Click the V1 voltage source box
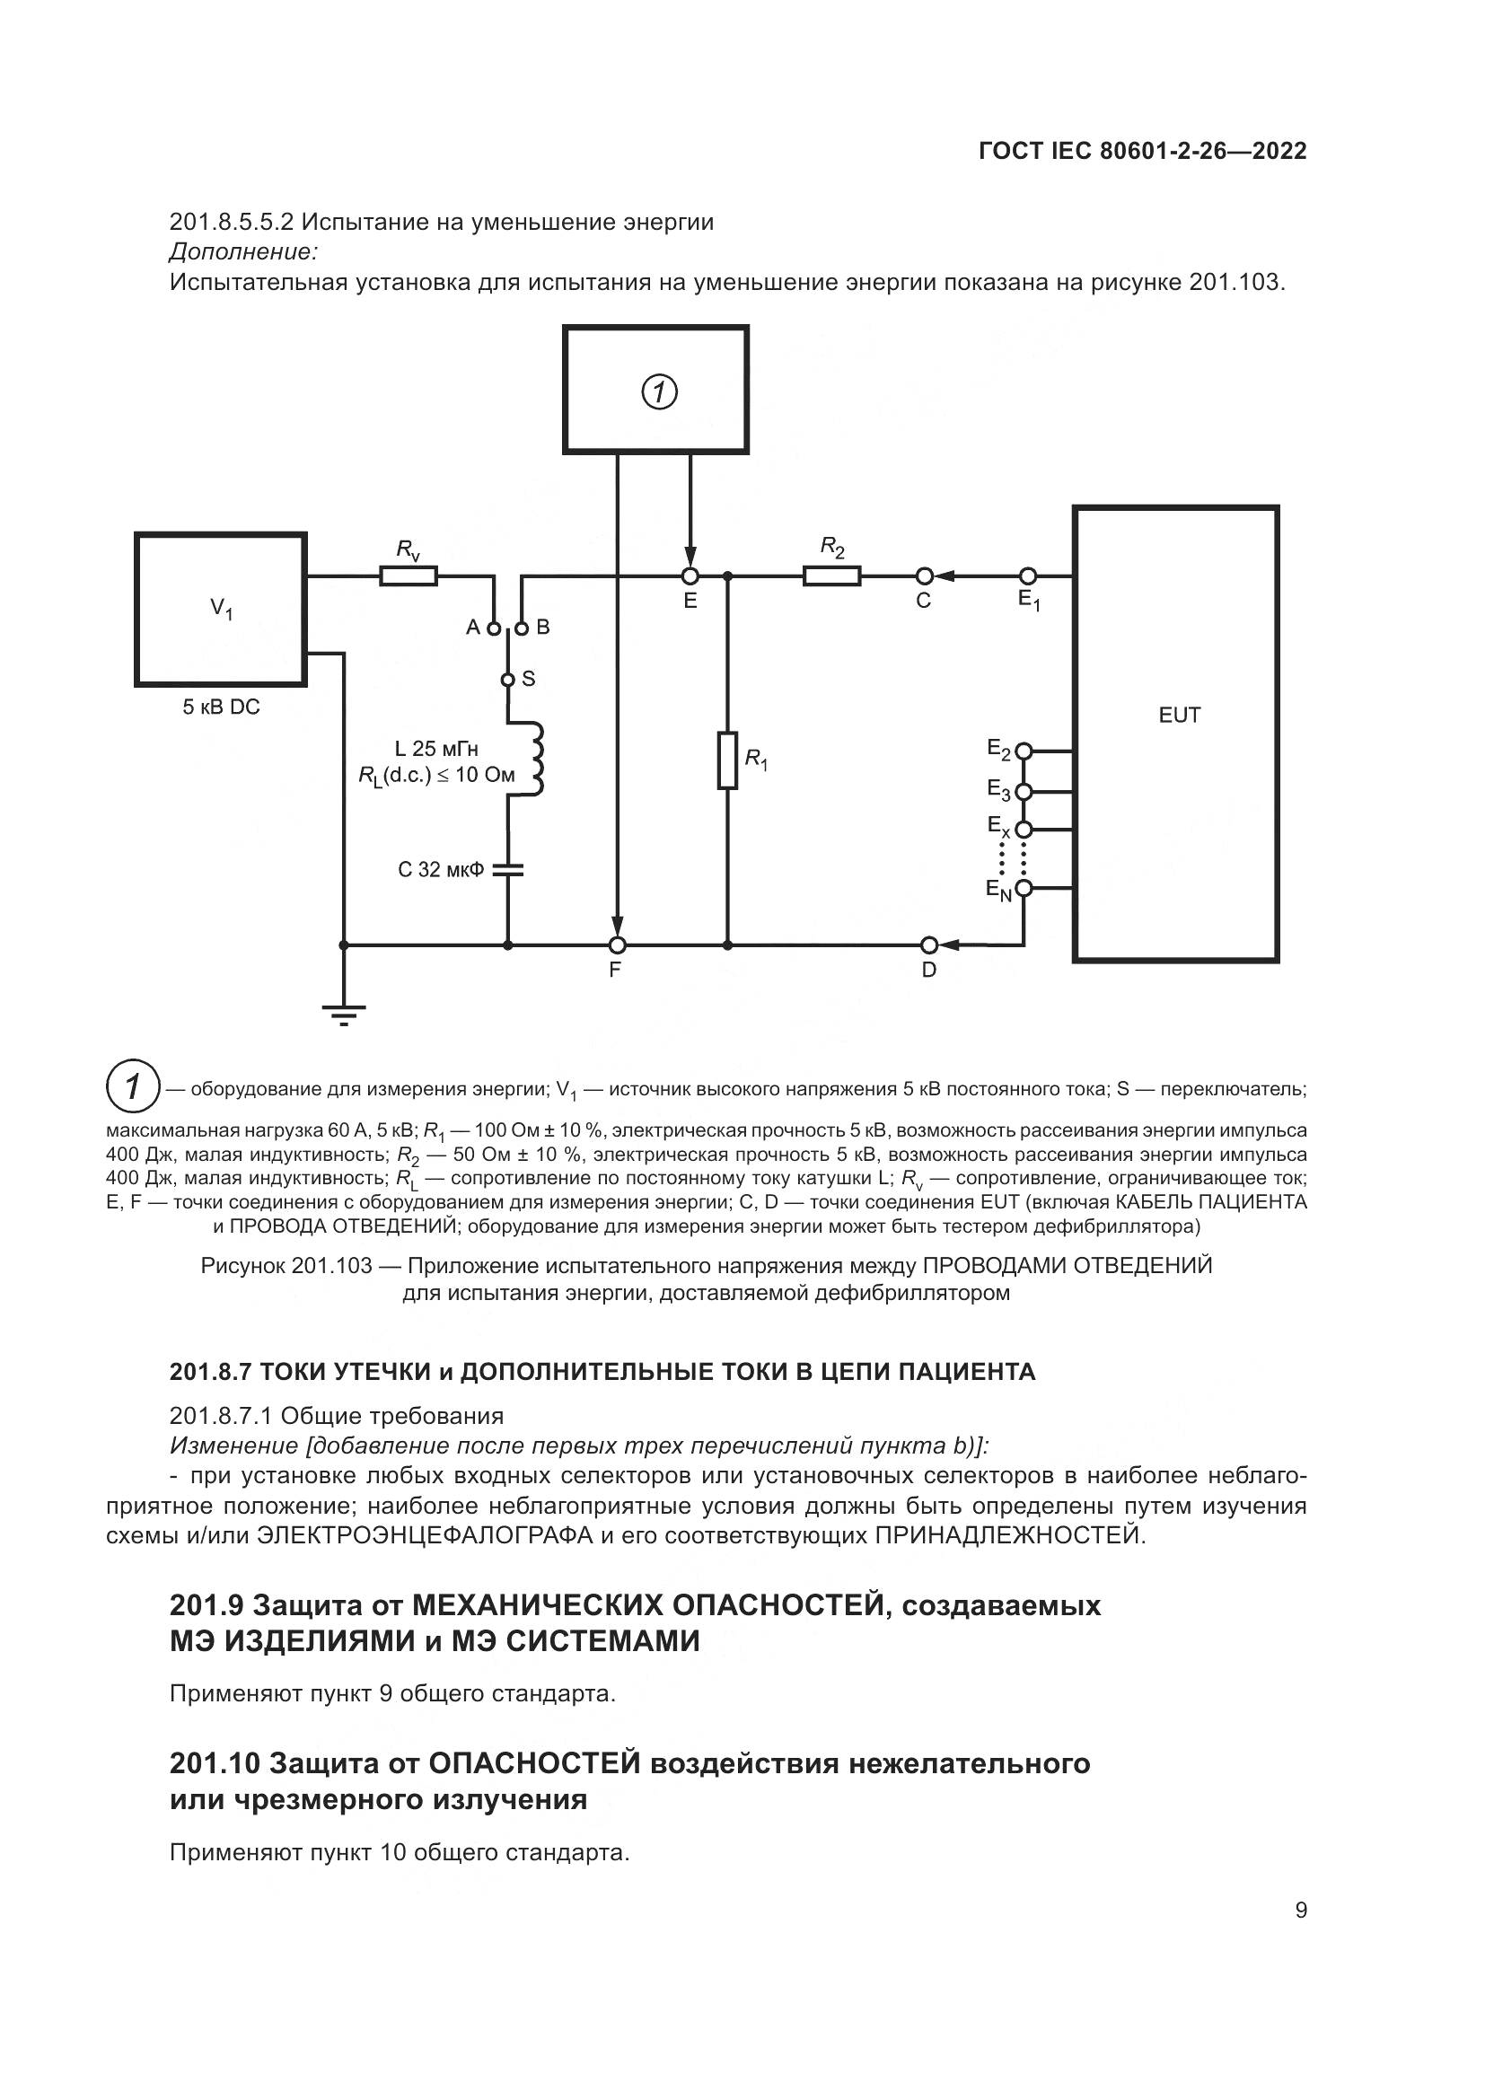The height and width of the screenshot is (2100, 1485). [x=220, y=609]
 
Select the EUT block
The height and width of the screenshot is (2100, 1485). [x=1175, y=734]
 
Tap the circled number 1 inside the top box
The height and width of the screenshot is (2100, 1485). [x=658, y=391]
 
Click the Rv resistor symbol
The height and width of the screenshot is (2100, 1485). [x=409, y=576]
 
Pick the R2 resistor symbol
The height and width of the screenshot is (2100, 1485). [x=831, y=576]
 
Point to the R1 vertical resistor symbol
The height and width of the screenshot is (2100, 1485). [x=727, y=760]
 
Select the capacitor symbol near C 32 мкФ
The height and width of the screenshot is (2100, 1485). [x=508, y=869]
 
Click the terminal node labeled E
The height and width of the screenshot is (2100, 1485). [x=690, y=576]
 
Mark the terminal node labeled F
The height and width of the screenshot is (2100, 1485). [x=618, y=944]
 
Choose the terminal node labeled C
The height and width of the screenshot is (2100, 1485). [x=925, y=576]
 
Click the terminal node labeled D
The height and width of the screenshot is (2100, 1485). [x=929, y=944]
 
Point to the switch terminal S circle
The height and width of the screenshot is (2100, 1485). [x=508, y=680]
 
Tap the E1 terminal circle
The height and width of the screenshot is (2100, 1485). [x=1028, y=576]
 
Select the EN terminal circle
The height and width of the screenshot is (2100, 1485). [x=1024, y=888]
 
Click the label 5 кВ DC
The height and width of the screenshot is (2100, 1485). [x=221, y=707]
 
